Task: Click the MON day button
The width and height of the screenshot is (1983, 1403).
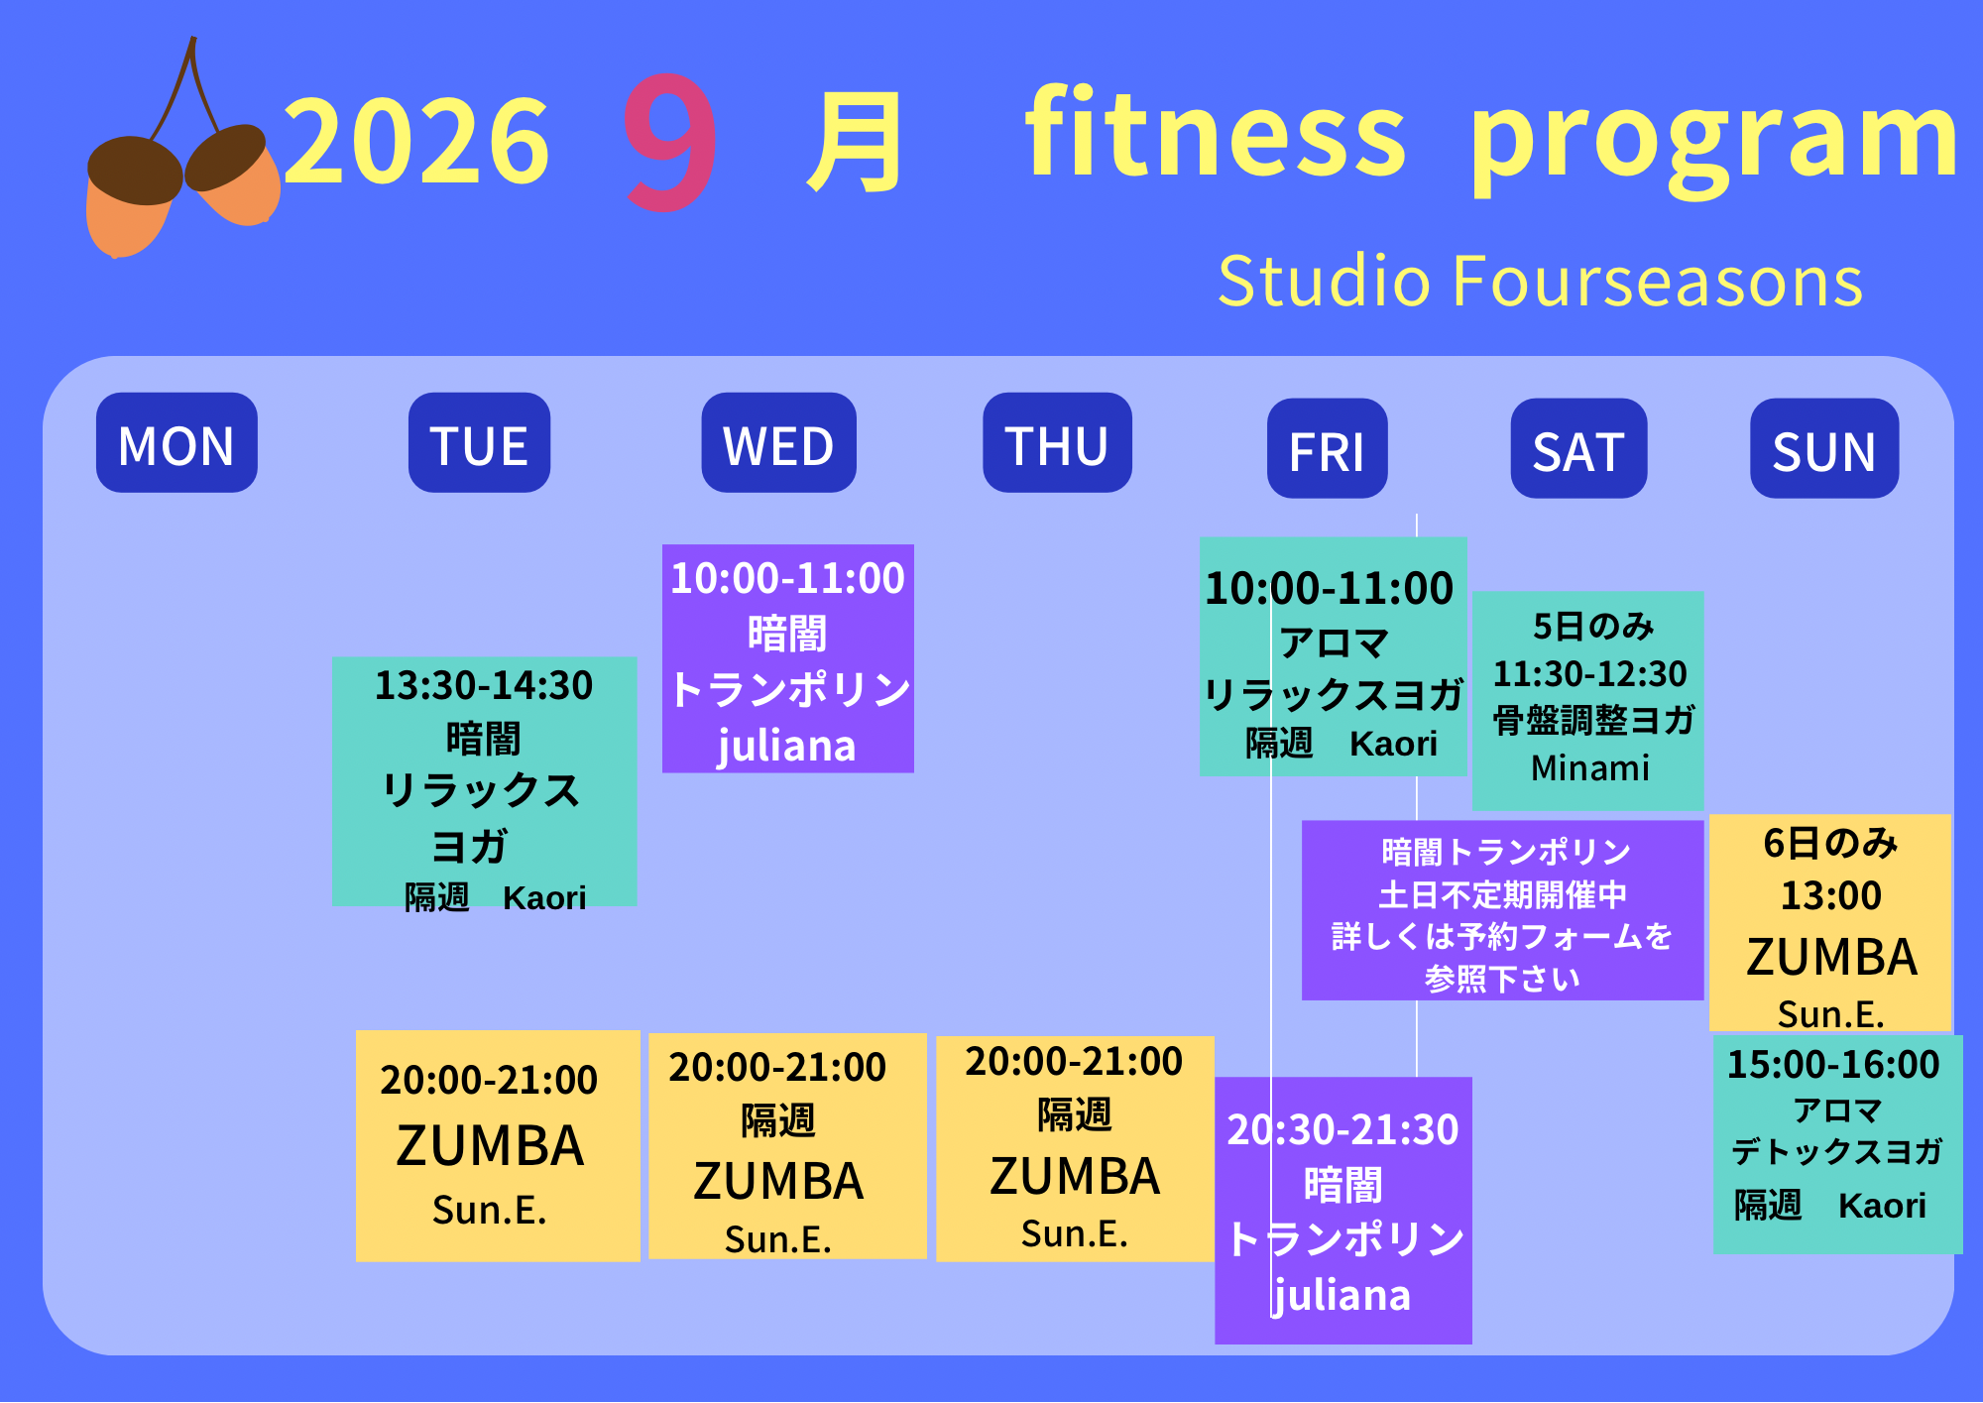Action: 176,442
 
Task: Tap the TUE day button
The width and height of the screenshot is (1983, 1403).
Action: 479,442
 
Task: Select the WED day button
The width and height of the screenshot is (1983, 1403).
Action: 778,442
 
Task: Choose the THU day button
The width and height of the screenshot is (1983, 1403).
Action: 1057,442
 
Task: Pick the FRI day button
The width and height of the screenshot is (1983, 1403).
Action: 1327,448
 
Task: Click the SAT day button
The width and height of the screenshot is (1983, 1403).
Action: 1578,448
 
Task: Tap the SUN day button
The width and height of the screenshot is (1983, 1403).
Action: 1824,448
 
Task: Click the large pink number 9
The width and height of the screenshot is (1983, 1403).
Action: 670,141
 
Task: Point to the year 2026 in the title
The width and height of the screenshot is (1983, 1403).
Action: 416,141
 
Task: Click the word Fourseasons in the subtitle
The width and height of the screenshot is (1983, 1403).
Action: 1658,282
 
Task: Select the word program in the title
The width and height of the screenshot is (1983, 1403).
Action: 1714,139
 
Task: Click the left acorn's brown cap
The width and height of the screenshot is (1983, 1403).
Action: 135,171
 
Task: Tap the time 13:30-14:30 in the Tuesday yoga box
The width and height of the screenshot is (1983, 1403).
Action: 484,686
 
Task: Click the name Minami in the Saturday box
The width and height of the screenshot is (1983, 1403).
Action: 1590,768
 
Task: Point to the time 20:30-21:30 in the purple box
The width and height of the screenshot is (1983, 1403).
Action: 1342,1129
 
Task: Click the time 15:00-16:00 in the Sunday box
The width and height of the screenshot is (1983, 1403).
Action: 1833,1065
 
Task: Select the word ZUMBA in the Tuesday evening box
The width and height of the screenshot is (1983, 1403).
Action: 490,1146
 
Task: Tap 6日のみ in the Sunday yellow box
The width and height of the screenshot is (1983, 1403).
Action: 1830,844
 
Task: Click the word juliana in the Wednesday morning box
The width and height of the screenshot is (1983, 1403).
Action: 786,746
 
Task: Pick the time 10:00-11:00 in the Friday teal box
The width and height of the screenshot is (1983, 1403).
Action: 1329,589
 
